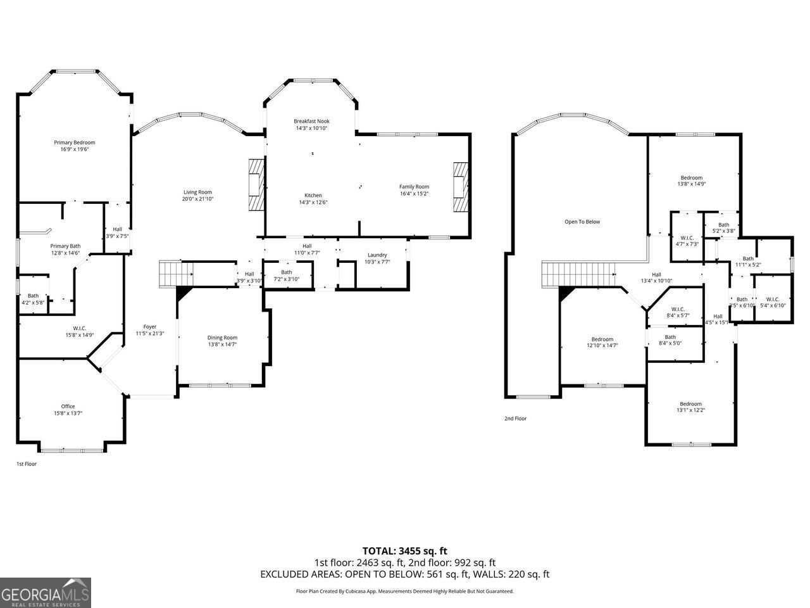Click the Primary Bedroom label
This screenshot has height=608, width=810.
pyautogui.click(x=74, y=142)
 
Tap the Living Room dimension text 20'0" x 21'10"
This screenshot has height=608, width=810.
pyautogui.click(x=197, y=199)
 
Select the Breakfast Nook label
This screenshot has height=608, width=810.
pyautogui.click(x=311, y=121)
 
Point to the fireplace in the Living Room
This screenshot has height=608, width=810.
pyautogui.click(x=254, y=184)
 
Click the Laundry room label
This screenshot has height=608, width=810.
pyautogui.click(x=377, y=255)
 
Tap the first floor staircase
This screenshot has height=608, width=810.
pyautogui.click(x=175, y=273)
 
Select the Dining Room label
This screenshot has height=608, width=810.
pyautogui.click(x=222, y=338)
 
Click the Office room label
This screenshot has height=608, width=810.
pyautogui.click(x=68, y=407)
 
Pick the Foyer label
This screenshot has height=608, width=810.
pyautogui.click(x=149, y=327)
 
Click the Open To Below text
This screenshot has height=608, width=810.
pyautogui.click(x=582, y=222)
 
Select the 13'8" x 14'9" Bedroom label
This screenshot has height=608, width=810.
pyautogui.click(x=691, y=178)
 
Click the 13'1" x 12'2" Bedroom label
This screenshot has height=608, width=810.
pyautogui.click(x=690, y=404)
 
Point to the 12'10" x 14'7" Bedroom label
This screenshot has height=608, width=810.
pyautogui.click(x=602, y=339)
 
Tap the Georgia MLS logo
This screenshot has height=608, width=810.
pyautogui.click(x=46, y=593)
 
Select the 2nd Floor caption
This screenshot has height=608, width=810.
pyautogui.click(x=515, y=419)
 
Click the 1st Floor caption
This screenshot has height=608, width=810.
pyautogui.click(x=27, y=464)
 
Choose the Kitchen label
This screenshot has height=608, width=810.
pyautogui.click(x=313, y=195)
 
